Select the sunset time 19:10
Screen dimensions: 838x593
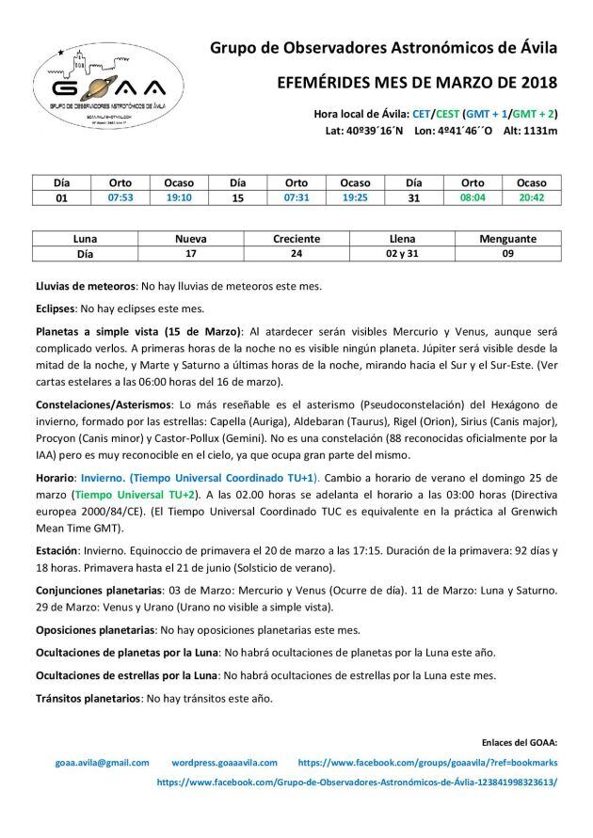(178, 198)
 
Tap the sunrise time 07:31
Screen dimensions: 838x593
(296, 198)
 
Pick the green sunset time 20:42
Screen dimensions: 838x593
(532, 198)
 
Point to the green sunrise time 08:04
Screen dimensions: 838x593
(473, 198)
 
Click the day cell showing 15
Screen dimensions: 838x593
(237, 198)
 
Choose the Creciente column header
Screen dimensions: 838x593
(296, 239)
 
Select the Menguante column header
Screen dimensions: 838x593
(512, 239)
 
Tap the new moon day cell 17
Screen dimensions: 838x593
(189, 254)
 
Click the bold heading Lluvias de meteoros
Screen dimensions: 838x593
(86, 283)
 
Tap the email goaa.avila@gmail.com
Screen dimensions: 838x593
(103, 763)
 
